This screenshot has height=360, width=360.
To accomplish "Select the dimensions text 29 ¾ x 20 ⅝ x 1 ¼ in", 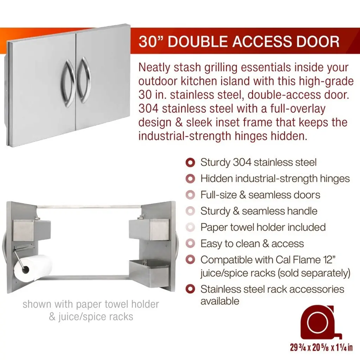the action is click(321, 347).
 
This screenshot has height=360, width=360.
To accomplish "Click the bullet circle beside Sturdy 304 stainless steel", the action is click(190, 162).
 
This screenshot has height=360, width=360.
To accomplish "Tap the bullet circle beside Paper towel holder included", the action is click(190, 227).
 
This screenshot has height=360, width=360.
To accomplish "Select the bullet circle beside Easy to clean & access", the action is click(190, 244).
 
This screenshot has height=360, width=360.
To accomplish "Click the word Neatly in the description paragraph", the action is click(155, 68).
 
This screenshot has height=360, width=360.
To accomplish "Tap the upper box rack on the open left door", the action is click(31, 230).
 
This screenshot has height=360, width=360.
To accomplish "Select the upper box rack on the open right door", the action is click(149, 229).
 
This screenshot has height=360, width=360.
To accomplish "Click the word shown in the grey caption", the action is click(37, 304).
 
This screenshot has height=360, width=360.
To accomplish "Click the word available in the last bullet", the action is click(220, 301).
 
